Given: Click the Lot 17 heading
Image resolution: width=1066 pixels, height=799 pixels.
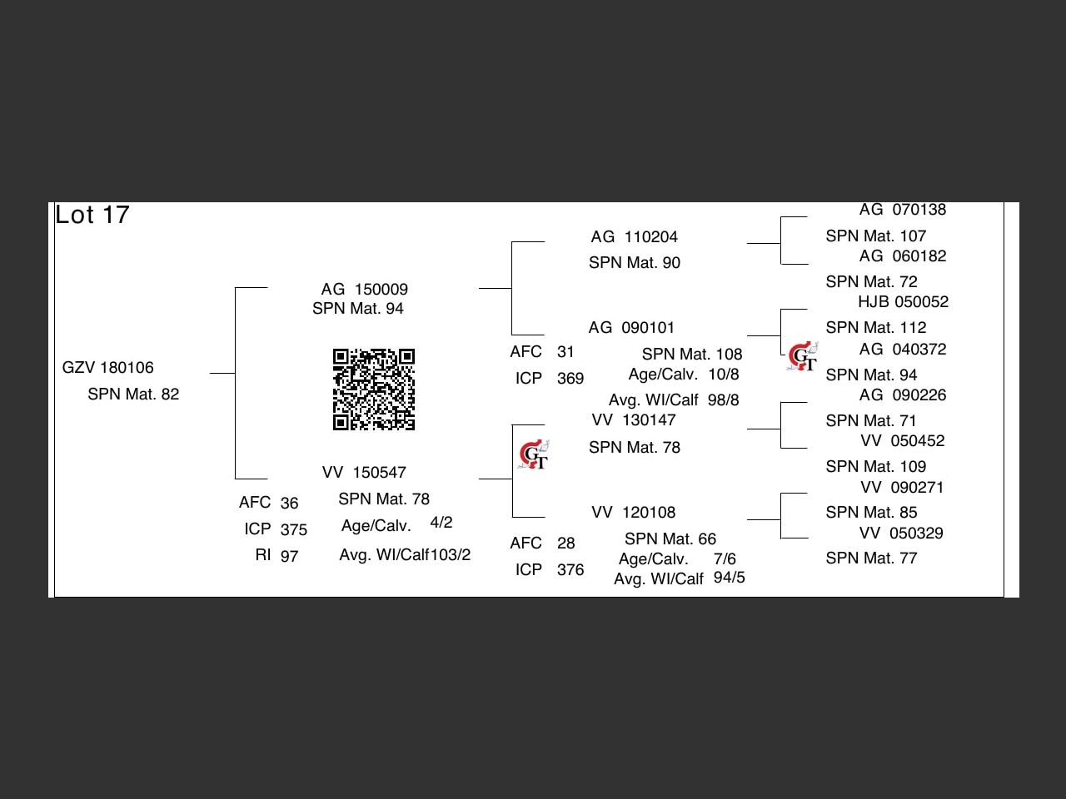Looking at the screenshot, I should click(92, 215).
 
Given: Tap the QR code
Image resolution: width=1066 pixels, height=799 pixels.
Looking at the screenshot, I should click(374, 390).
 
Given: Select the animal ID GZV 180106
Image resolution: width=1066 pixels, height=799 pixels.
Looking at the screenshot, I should click(108, 368).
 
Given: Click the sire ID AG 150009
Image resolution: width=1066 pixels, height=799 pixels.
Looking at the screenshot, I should click(365, 290).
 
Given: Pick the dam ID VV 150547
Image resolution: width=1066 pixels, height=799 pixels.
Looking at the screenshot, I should click(364, 473).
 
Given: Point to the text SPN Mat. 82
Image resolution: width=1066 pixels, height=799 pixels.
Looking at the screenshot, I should click(133, 395).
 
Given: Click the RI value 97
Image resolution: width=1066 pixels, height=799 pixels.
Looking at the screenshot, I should click(289, 556).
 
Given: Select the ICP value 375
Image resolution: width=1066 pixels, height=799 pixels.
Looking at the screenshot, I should click(293, 529).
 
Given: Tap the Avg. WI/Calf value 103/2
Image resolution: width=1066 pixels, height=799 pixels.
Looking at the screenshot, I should click(451, 555).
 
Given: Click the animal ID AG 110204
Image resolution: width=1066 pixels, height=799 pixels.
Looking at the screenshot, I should click(635, 237).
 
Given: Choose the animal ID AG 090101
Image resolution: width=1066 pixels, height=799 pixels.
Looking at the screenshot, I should click(631, 328).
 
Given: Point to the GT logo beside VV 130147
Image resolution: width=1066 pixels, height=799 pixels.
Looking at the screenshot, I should click(533, 455).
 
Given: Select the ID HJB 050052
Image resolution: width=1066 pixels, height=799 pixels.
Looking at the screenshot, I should click(904, 302).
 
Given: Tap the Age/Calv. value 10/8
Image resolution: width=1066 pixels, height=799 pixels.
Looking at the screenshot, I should click(724, 375).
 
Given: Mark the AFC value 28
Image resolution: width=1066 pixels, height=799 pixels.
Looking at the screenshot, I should click(566, 543).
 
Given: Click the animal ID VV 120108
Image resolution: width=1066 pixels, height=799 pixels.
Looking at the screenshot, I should click(633, 513).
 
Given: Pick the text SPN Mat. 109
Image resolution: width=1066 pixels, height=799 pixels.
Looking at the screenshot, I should click(876, 467).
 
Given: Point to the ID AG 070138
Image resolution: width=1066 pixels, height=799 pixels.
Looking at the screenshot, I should click(903, 210).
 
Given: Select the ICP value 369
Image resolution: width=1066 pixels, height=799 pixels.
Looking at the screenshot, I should click(570, 379).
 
